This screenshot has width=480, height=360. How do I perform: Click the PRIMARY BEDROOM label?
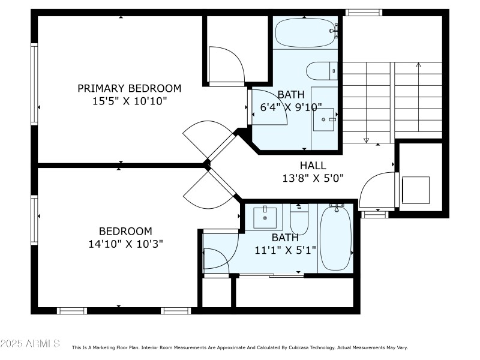(129, 88)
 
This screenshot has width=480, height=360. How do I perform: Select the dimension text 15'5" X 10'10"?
(129, 101)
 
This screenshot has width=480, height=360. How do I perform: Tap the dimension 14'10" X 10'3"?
(125, 244)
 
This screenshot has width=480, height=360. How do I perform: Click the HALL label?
(313, 165)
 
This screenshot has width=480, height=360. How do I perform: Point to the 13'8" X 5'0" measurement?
(313, 178)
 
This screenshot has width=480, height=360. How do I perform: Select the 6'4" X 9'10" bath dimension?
(291, 107)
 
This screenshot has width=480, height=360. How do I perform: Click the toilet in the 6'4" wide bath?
(322, 71)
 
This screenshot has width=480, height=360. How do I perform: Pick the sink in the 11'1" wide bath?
(265, 217)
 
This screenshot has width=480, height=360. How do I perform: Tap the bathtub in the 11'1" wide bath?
(336, 238)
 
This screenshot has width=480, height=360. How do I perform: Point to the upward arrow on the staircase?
(418, 65)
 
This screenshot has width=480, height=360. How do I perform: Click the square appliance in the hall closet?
(415, 190)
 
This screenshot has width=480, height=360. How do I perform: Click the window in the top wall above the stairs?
(364, 12)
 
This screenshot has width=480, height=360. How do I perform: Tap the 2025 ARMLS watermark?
(30, 344)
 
